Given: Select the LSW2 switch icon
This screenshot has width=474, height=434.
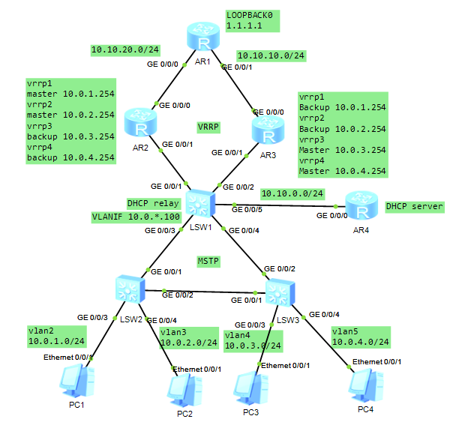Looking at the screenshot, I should pos(130,290).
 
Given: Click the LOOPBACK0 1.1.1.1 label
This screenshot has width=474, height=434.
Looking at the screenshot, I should pos(252,21).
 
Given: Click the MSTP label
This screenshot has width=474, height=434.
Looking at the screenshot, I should pos(208,260).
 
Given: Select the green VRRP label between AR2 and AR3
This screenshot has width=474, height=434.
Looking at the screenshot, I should pos(208,127).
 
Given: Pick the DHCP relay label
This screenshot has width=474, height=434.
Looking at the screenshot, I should pos(152,203).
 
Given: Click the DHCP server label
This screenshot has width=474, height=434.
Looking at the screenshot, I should pos(414,206).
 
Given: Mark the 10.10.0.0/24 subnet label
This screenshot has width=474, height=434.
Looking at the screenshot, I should pos(292,193).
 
